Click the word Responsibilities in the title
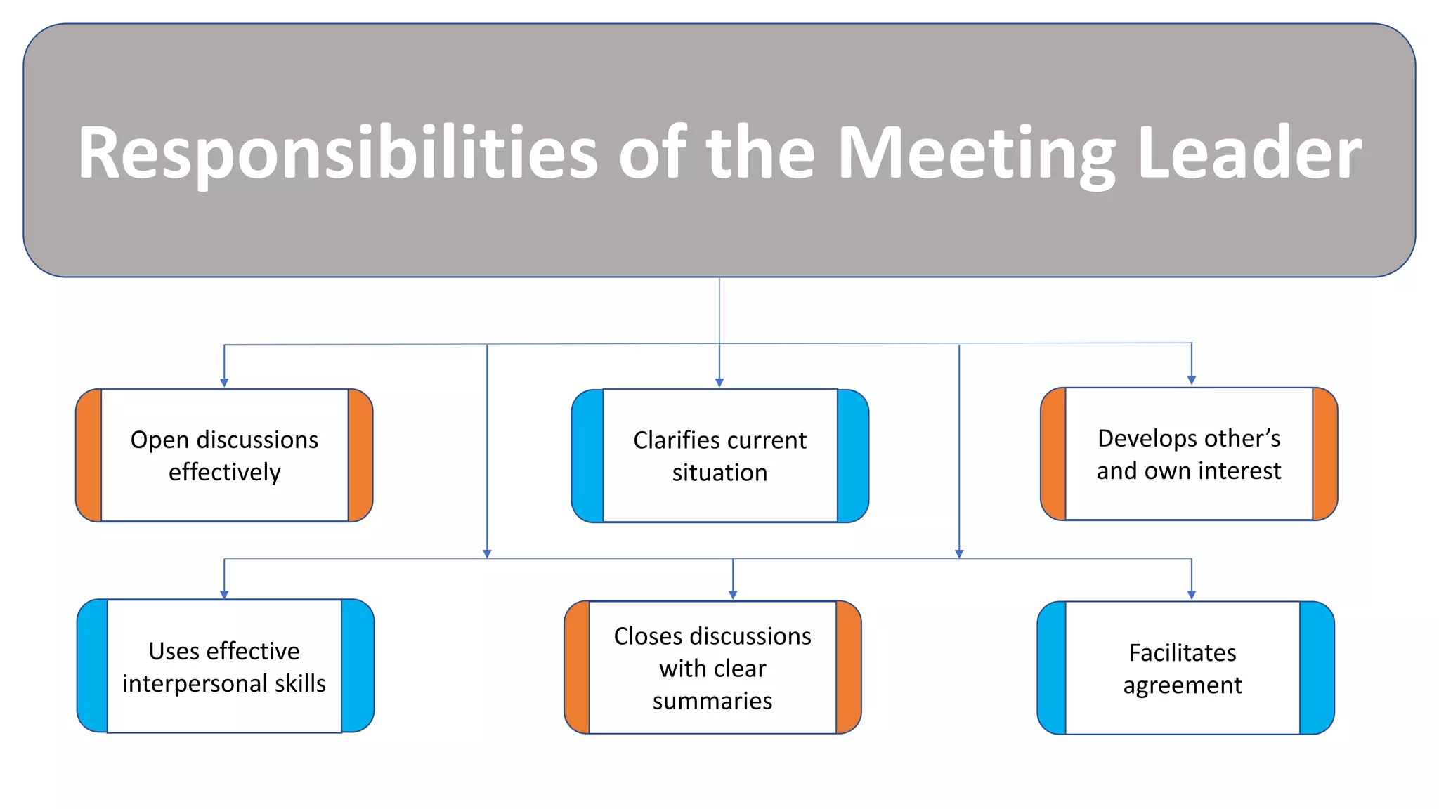coord(337,153)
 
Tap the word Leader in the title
coord(1249,153)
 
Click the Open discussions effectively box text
coord(224,455)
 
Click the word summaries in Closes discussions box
coord(712,701)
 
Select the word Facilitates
coord(1182,652)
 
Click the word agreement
coord(1182,685)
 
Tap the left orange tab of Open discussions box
coord(89,455)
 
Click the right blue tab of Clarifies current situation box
coord(852,456)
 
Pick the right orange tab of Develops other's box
coord(1324,454)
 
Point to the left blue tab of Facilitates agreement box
coord(1052,668)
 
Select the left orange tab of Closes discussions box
coord(578,667)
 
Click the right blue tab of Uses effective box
coord(357,666)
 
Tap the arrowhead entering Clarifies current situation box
coord(719,383)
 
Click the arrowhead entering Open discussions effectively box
coord(224,383)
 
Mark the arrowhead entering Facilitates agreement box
coord(1191,595)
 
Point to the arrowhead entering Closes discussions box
coord(733,595)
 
